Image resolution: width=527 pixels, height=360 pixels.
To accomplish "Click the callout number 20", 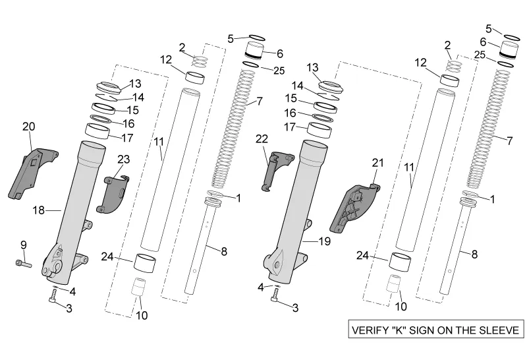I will click(28, 126).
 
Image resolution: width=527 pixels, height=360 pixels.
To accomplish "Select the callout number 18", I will click(39, 210).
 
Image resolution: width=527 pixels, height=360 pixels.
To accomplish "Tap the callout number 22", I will click(263, 138).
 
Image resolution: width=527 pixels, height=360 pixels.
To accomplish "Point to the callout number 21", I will click(377, 163).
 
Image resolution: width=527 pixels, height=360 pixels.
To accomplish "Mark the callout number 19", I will click(324, 241).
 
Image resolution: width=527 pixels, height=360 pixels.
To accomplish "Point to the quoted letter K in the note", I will click(404, 330).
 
